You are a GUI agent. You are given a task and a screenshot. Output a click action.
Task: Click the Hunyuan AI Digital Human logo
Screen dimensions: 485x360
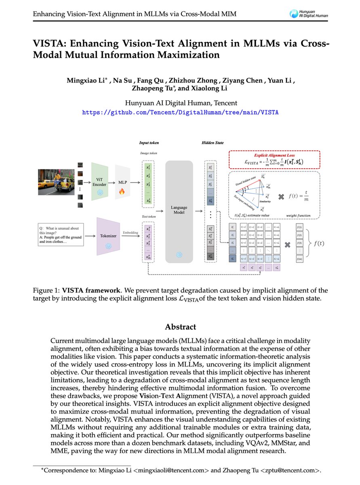309,14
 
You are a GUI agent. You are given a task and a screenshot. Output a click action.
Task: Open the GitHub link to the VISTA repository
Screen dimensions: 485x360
180,112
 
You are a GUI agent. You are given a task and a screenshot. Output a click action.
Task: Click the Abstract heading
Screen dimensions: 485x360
180,327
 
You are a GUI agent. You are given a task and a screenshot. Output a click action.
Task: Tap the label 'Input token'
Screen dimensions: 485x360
149,143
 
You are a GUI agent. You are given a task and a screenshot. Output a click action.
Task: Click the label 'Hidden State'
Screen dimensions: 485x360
212,143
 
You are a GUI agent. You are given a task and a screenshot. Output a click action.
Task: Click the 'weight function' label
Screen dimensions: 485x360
299,215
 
